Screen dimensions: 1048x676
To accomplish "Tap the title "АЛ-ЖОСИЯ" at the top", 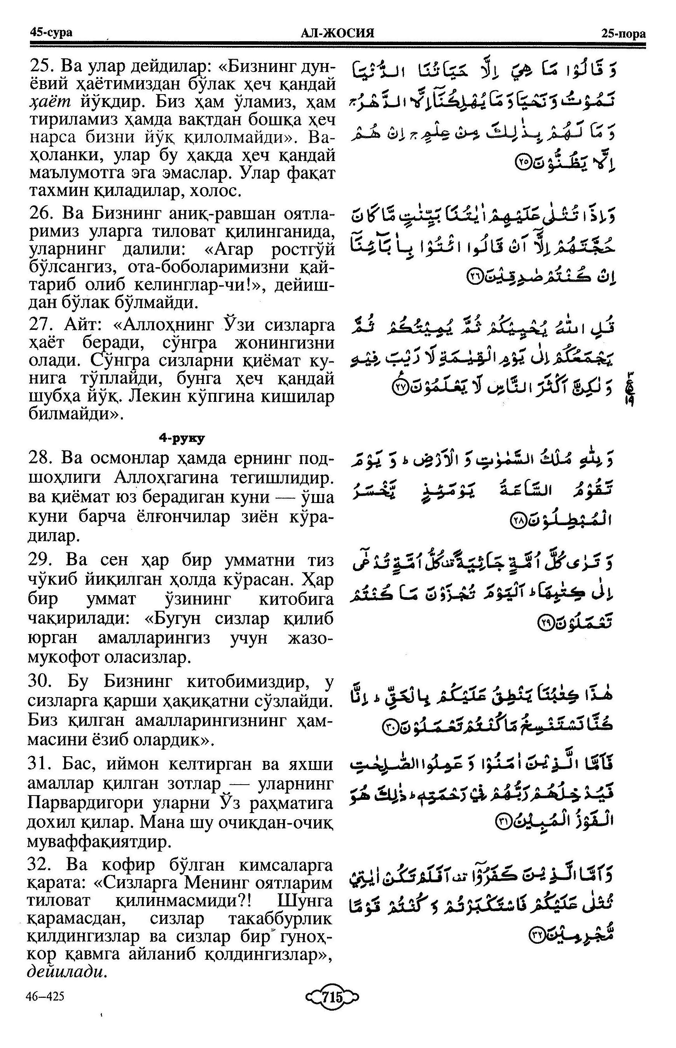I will [x=337, y=33].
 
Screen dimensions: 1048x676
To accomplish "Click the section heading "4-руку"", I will [x=182, y=438].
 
